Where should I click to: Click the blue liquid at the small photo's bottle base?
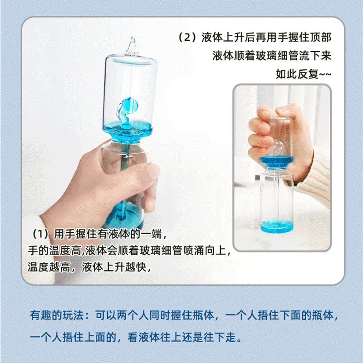point(276,226)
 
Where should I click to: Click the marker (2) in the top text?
point(188,38)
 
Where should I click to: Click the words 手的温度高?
point(49,251)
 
